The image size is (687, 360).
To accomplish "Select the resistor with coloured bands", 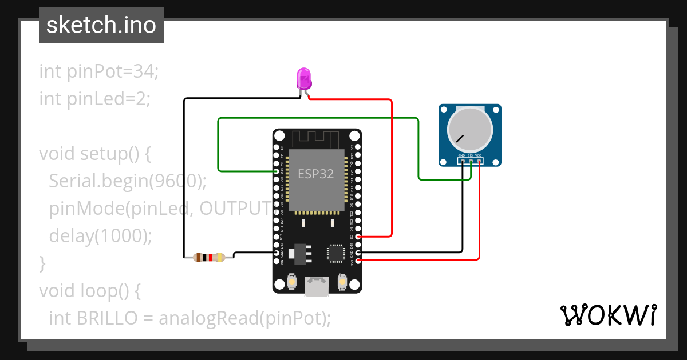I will tap(208, 257).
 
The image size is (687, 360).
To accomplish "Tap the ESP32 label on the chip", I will tap(315, 174).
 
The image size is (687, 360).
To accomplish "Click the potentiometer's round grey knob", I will tap(469, 130).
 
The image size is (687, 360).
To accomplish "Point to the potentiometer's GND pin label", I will tap(461, 155).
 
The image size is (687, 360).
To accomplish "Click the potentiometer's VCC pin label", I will tap(478, 155).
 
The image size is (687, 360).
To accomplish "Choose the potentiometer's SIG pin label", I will tap(469, 155).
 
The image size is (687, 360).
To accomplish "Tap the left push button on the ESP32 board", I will tap(292, 282).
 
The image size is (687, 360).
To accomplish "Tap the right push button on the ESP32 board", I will tap(342, 282).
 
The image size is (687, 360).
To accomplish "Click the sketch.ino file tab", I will tap(101, 25).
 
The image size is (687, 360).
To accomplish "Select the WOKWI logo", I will tap(608, 315).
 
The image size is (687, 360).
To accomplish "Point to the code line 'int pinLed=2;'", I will tap(94, 99).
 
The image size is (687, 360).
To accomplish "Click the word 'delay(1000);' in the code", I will tap(101, 235).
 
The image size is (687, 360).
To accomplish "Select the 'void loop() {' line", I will tap(89, 291).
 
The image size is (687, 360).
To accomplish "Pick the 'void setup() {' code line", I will tap(94, 154).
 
